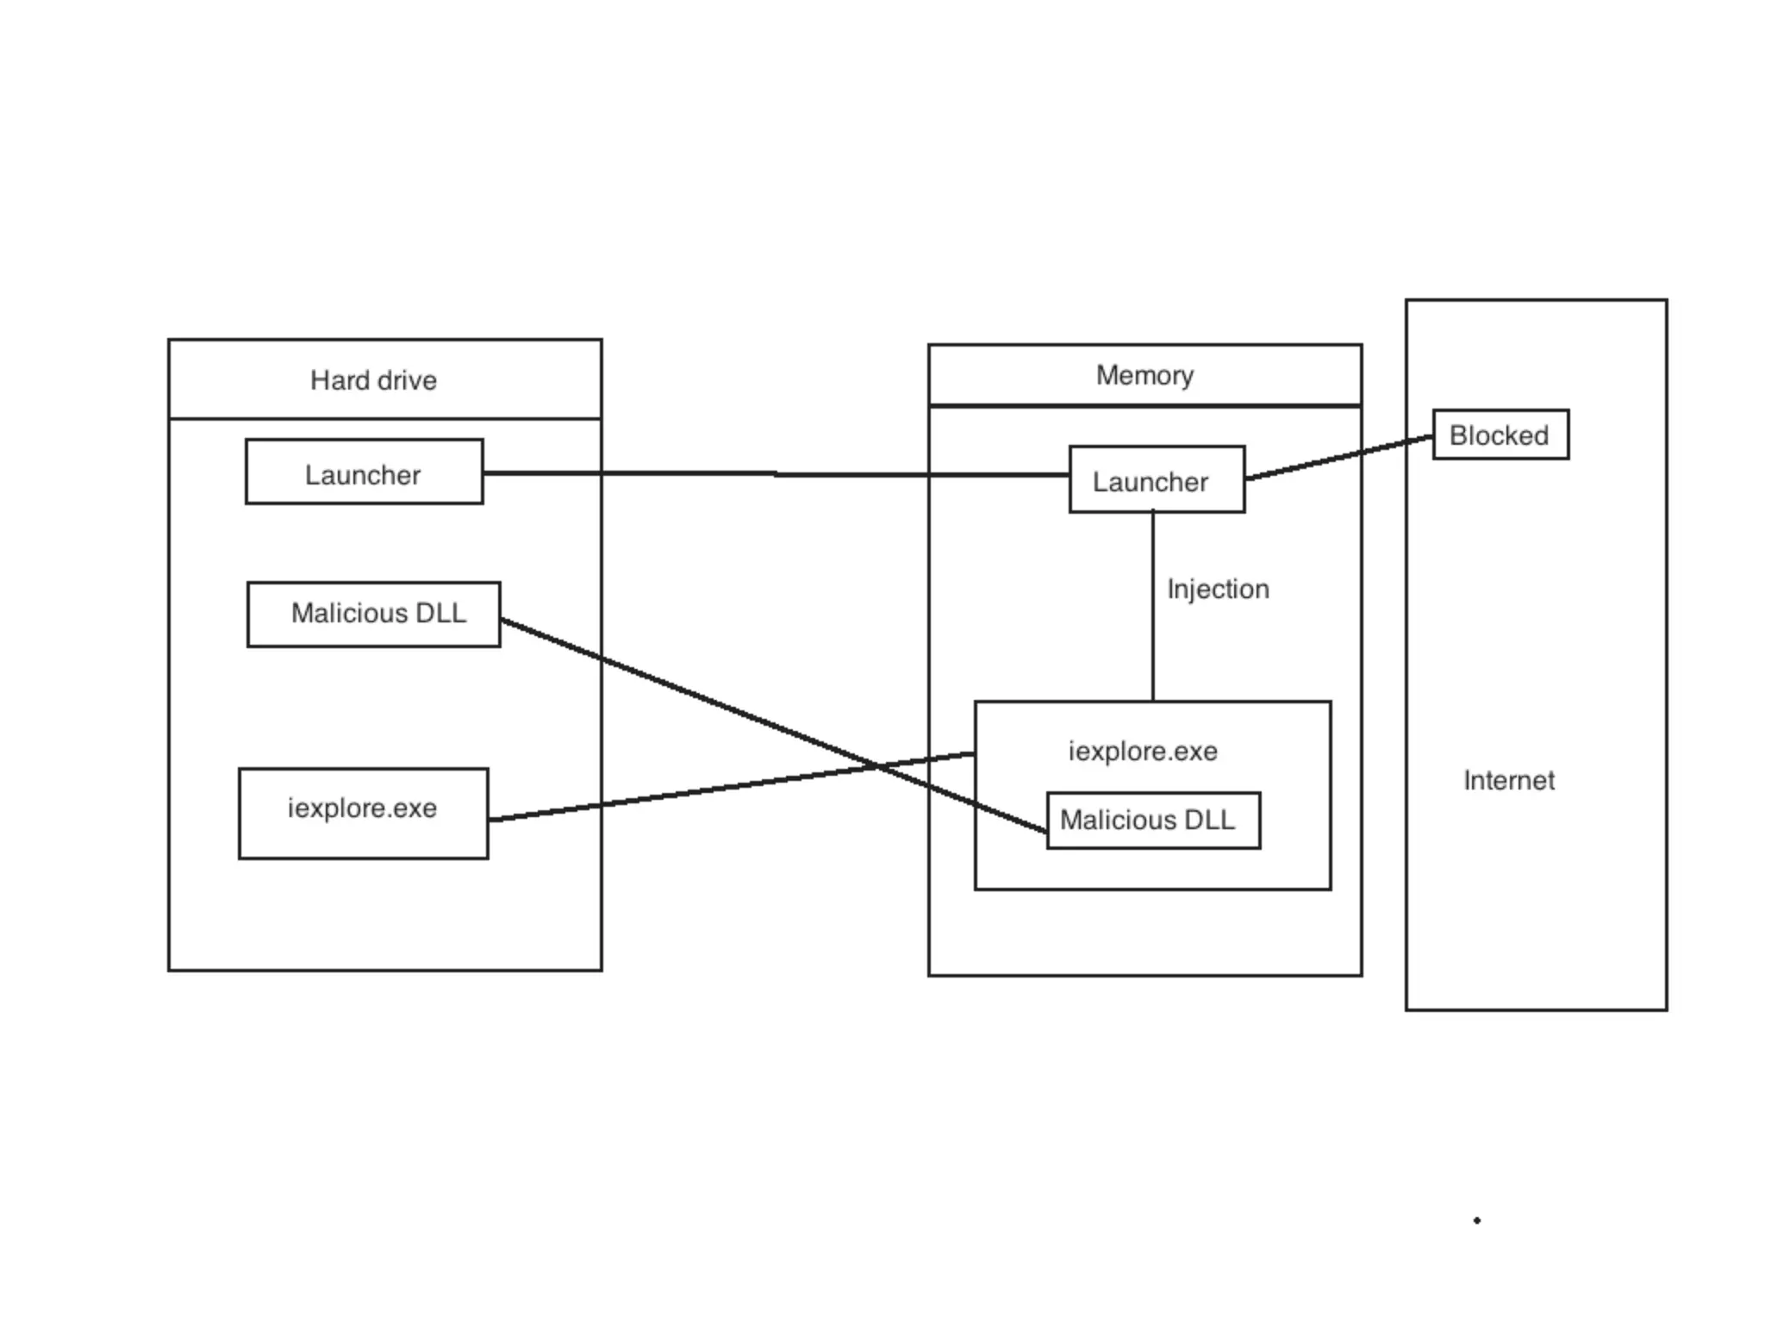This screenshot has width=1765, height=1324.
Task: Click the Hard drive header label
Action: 373,380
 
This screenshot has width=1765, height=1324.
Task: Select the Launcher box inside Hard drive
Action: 364,472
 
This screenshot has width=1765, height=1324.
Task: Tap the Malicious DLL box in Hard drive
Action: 373,614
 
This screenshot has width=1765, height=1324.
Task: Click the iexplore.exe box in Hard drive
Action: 363,813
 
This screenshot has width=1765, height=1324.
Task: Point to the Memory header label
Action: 1144,375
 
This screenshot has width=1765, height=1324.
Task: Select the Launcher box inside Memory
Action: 1157,480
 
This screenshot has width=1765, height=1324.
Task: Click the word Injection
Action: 1217,589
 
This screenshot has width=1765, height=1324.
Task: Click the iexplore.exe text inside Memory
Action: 1143,751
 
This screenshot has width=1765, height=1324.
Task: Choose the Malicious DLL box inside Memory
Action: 1153,820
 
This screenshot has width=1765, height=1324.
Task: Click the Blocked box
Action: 1500,434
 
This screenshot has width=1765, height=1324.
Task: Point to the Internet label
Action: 1508,780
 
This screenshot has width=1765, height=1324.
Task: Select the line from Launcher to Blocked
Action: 1338,459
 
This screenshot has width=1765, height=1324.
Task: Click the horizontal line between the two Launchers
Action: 776,473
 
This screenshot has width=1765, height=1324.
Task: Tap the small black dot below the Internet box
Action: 1476,1220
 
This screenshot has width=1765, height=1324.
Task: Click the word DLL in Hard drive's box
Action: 440,613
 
